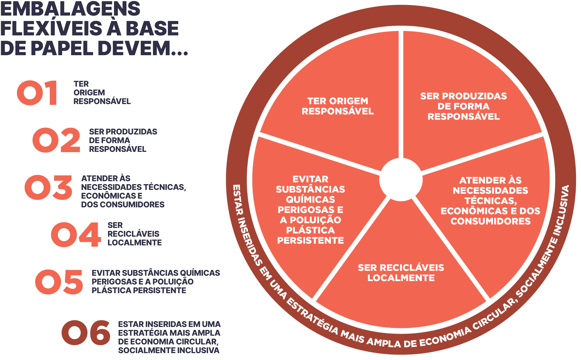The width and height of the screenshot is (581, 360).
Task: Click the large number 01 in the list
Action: (37, 93)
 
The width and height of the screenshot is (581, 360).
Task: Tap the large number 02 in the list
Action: (56, 140)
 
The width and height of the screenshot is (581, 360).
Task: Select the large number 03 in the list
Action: (48, 187)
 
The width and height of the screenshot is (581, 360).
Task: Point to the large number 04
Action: (76, 234)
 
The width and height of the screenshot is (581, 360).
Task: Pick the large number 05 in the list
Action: (59, 282)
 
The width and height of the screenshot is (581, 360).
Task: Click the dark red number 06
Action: (86, 333)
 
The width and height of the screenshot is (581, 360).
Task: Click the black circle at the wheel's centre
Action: (401, 180)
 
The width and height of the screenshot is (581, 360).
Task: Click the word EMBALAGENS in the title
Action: (70, 9)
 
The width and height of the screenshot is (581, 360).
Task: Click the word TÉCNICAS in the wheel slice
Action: (491, 201)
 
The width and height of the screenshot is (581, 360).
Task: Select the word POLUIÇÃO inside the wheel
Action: (315, 220)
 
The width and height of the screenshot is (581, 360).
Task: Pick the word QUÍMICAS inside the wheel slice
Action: (310, 199)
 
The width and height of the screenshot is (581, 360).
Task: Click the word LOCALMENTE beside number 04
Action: (135, 242)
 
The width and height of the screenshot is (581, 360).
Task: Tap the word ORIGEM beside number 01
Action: (89, 92)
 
